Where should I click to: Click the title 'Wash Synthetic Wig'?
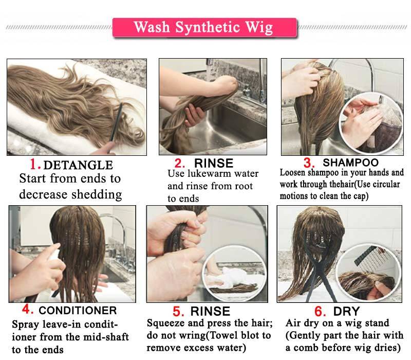204,27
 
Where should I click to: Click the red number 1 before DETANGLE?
35,165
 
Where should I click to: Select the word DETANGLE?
78,165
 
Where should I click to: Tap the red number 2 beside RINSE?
179,164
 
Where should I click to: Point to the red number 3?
309,163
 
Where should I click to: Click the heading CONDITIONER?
78,311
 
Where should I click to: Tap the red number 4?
27,310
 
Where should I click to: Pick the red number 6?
319,311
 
